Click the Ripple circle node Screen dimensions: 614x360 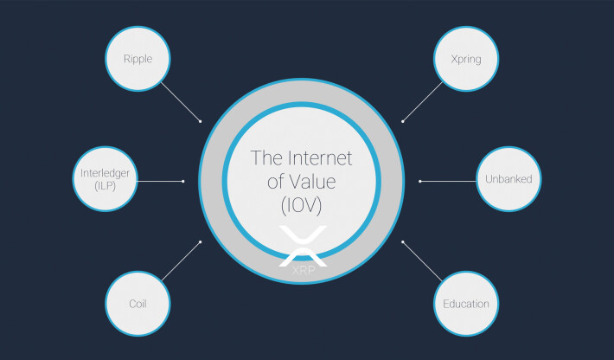[x=138, y=59]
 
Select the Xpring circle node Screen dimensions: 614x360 [x=466, y=59]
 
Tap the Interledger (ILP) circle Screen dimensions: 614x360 [x=106, y=179]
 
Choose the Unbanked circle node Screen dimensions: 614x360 [x=508, y=179]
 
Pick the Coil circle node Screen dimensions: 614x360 [x=138, y=304]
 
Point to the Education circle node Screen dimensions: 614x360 [x=466, y=304]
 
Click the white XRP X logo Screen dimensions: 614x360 [x=303, y=246]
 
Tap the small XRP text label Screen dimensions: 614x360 [x=303, y=270]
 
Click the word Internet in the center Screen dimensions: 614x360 [x=320, y=158]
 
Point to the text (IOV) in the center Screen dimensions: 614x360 [x=302, y=205]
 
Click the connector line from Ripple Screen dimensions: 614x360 [x=181, y=102]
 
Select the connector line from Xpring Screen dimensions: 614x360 [x=423, y=102]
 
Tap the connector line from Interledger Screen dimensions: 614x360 [x=160, y=181]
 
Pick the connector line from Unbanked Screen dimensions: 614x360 [x=448, y=181]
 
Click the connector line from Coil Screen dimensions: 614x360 [x=181, y=261]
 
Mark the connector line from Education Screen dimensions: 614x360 [x=422, y=261]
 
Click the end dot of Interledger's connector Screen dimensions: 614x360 [x=182, y=181]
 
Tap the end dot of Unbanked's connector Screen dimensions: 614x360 [x=420, y=181]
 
